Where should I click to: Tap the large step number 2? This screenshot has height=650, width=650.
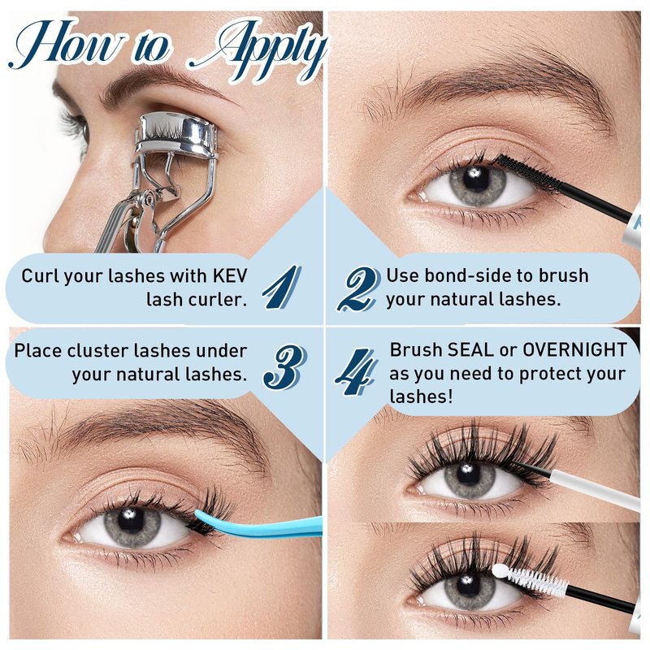tap(357, 288)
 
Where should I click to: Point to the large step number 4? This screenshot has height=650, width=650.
tap(357, 371)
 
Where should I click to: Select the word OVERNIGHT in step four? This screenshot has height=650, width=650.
tap(574, 350)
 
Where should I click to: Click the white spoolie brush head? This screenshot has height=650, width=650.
tap(530, 578)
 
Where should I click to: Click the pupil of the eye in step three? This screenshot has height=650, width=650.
tap(131, 519)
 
